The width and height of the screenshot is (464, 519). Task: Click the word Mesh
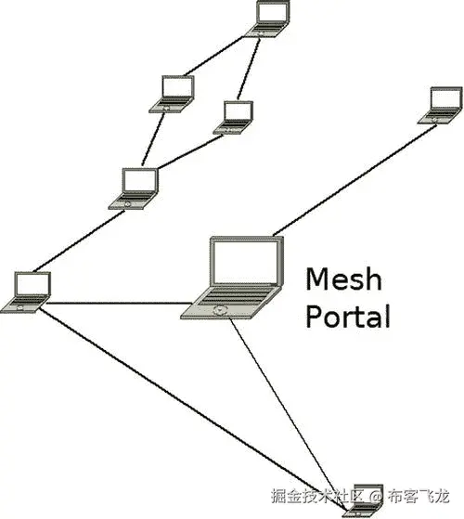pos(345,279)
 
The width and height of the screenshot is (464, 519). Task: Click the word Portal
pos(348,316)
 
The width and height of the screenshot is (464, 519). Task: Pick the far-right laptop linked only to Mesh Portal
pos(444,104)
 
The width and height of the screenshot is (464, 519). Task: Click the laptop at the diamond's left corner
pos(175,92)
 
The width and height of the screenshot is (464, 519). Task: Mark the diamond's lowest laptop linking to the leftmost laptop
pos(138,187)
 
